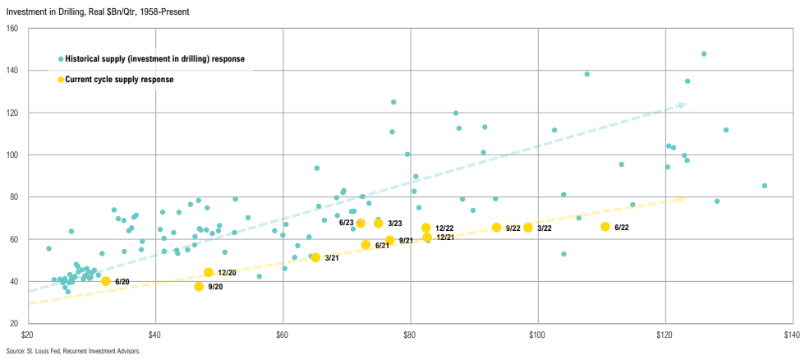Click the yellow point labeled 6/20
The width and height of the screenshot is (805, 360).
(106, 281)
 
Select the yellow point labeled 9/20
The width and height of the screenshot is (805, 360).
(199, 287)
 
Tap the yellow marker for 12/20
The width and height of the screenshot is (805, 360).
(209, 272)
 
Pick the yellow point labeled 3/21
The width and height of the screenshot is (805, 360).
(315, 257)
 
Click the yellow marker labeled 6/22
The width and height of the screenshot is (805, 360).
(605, 227)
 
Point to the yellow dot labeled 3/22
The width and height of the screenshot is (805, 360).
(528, 228)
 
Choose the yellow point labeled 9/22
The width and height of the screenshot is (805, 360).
(496, 228)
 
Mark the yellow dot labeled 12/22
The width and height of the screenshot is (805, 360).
(426, 228)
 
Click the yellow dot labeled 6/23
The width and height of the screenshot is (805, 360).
(361, 223)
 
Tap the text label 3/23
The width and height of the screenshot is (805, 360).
(396, 223)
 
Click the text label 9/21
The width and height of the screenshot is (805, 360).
(407, 241)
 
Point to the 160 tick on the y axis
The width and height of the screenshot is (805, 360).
(12, 29)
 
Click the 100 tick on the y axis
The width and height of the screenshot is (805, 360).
(12, 155)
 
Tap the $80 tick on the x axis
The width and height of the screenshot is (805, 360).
(410, 335)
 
